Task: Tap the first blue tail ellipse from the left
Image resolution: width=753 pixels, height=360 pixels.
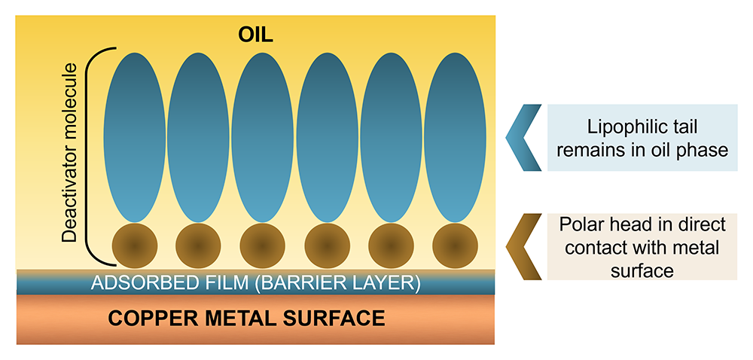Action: click(x=133, y=136)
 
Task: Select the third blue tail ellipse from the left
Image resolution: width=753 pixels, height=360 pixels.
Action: click(x=263, y=136)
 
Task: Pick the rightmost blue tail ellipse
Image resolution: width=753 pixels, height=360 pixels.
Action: click(x=454, y=136)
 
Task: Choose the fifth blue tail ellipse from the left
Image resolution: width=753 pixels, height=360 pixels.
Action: click(x=391, y=136)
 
